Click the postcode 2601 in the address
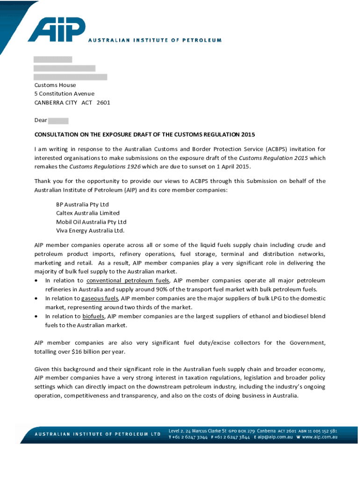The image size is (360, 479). (x=103, y=102)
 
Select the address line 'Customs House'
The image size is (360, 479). (x=55, y=85)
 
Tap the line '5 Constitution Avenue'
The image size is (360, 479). (x=64, y=94)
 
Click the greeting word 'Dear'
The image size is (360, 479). (x=41, y=120)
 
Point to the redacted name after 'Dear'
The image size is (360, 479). (x=58, y=121)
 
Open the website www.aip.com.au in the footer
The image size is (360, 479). (x=320, y=437)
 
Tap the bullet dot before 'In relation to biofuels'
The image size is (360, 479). (x=36, y=317)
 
